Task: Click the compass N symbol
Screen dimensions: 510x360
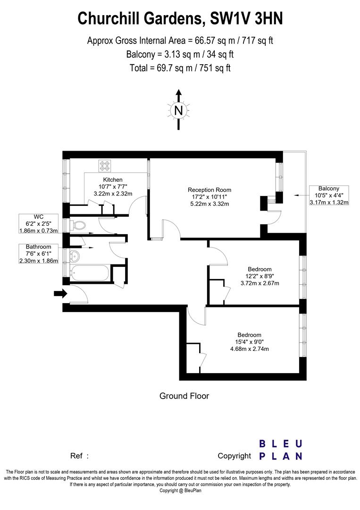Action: [178, 110]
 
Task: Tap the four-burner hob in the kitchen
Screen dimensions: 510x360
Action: [104, 166]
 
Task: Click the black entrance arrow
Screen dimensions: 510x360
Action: [60, 294]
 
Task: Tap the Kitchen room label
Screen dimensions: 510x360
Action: [113, 179]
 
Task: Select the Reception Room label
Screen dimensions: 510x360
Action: [209, 190]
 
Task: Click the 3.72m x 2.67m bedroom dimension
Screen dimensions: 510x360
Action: [260, 283]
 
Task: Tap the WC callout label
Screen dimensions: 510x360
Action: [38, 217]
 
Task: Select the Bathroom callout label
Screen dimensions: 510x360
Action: [38, 246]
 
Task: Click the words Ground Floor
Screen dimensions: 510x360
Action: [184, 396]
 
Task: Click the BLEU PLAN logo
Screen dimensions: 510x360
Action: [281, 450]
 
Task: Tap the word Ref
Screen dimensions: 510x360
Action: [77, 456]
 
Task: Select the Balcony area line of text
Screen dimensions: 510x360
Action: [180, 54]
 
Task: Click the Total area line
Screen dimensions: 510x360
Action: [180, 68]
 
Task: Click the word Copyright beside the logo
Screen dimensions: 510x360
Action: [234, 456]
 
